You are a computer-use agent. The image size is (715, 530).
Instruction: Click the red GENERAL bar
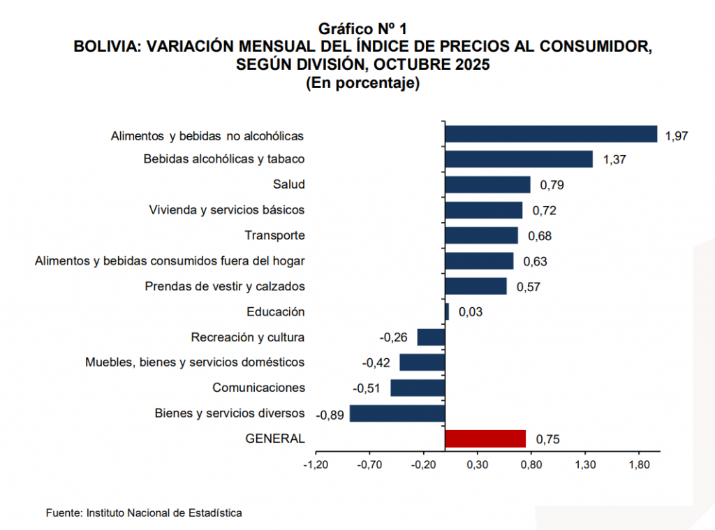point(485,439)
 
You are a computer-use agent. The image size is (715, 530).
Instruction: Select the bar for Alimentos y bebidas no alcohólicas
point(551,134)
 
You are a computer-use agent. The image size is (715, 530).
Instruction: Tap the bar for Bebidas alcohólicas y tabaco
point(519,159)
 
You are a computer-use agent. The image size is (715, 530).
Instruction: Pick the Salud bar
point(487,184)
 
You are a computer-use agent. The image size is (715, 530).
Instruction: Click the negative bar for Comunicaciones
point(418,388)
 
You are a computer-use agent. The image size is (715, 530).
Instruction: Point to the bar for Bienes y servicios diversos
point(397,413)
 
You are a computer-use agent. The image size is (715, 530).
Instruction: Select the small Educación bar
point(447,311)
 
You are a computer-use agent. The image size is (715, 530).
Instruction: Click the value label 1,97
point(677,135)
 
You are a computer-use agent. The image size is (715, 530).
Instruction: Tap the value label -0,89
point(330,415)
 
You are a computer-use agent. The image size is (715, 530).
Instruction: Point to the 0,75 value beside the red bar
point(547,439)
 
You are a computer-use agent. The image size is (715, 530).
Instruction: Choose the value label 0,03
point(471,312)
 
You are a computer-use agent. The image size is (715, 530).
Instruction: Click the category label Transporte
point(274,235)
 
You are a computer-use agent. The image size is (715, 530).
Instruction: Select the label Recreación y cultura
point(248,337)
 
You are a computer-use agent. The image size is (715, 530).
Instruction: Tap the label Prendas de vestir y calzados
point(225,286)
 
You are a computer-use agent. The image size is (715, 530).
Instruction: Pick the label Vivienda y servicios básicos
point(227,209)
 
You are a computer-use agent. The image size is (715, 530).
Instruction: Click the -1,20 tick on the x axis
point(316,464)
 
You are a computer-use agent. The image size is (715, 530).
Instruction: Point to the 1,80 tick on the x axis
point(639,464)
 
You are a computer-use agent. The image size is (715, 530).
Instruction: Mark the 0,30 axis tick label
point(477,464)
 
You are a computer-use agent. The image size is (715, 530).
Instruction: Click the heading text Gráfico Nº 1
point(362,29)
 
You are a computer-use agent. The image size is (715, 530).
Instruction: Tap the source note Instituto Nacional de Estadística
point(164,513)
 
